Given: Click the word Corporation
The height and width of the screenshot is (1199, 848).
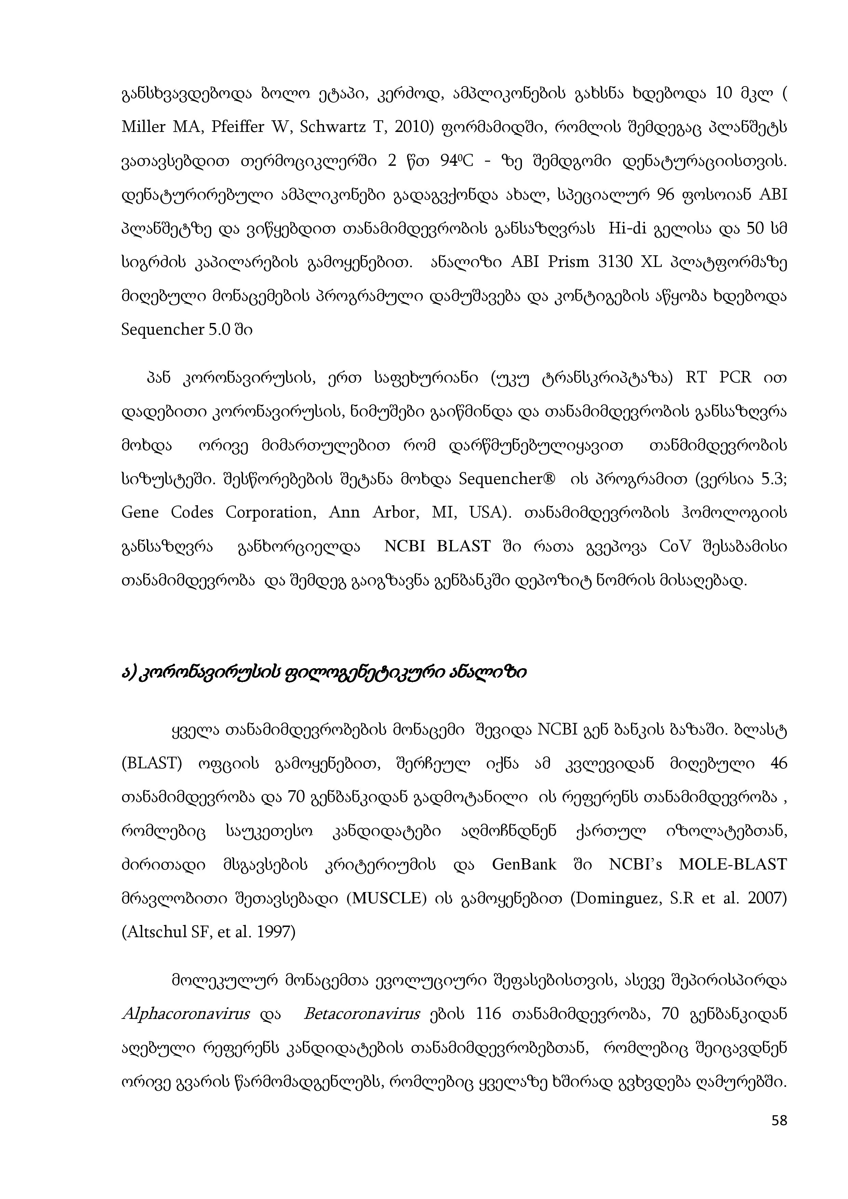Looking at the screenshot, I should (271, 513).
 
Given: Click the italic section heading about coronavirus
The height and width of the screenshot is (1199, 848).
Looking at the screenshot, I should (324, 673).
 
